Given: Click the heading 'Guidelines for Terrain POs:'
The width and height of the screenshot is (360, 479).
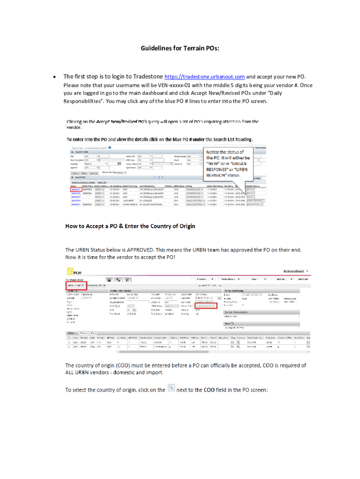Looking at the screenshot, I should (x=180, y=48).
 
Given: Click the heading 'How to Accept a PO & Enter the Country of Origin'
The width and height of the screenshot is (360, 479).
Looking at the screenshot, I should (x=130, y=226).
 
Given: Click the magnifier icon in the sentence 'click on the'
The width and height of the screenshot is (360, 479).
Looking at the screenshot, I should (x=172, y=388).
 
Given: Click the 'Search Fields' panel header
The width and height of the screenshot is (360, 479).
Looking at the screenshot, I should (x=83, y=152).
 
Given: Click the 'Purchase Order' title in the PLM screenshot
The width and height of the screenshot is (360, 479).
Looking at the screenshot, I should (x=77, y=279).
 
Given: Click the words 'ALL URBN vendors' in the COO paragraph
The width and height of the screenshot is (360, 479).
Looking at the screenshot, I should (x=88, y=373).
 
